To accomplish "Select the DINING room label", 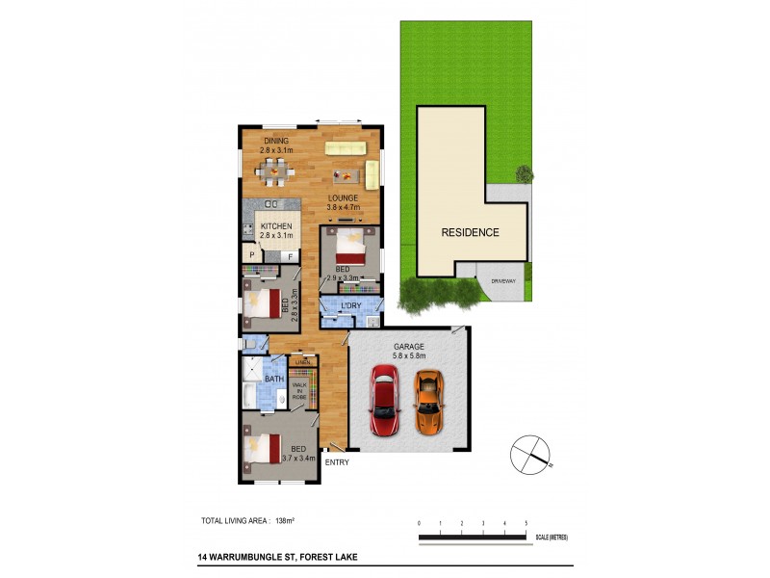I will point(275,141).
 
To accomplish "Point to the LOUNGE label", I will point(342,197).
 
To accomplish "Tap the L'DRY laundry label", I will point(351,305).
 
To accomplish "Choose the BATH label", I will point(274,379).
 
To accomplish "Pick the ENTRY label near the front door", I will point(338,462).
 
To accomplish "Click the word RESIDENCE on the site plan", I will point(471,232).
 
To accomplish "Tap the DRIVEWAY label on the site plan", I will point(504,280).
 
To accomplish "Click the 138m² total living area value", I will point(285,520).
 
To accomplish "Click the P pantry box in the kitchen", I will point(252,254).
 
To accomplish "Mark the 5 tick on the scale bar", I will point(526,523).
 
